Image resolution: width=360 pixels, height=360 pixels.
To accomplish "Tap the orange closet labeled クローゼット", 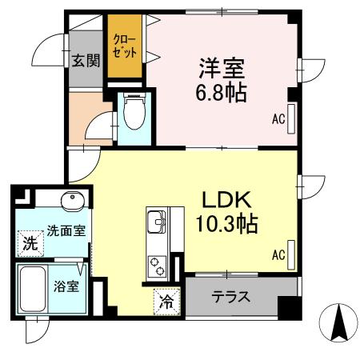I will pos(126,48).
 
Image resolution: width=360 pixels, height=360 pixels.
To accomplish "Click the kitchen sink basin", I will pos(154,220).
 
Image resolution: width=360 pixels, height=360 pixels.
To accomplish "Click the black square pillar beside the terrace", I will pos(287,306).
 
